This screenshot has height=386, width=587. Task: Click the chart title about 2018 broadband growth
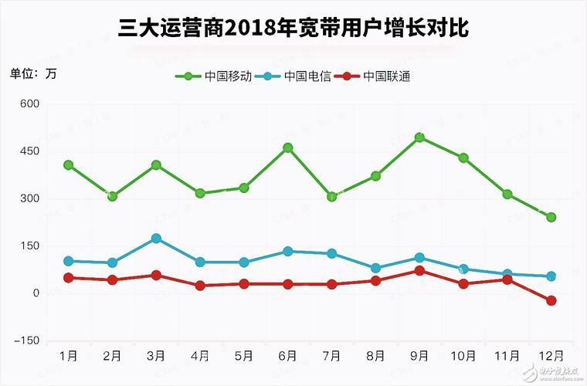(x=293, y=29)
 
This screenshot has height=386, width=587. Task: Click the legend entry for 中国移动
(x=222, y=76)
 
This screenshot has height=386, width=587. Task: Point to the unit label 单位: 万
(x=32, y=74)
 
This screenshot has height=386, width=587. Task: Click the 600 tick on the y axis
(x=29, y=103)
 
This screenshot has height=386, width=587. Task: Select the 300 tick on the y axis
(x=29, y=198)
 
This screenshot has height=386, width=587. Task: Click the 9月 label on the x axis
(x=419, y=357)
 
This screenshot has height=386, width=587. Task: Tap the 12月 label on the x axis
(x=551, y=357)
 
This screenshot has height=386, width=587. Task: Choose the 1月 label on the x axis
(x=68, y=357)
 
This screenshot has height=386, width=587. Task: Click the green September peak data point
(x=419, y=137)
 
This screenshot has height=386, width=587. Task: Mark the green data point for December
(x=551, y=217)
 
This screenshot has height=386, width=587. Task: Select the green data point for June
(x=288, y=147)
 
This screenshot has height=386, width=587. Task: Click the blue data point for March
(x=156, y=239)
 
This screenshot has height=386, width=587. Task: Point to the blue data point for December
(x=551, y=276)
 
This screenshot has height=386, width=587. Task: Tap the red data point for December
(x=551, y=300)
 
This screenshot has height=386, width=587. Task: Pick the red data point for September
(x=419, y=270)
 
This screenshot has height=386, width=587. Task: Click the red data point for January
(x=69, y=277)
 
